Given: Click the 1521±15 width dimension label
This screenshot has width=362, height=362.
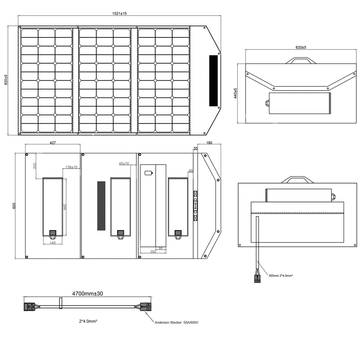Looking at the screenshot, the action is click(x=119, y=13).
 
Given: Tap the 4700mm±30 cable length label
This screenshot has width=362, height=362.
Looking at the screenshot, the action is click(x=88, y=294).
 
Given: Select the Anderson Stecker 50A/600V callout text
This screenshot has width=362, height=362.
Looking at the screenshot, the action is click(x=176, y=322).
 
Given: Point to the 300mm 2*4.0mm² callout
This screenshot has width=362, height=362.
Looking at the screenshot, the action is click(x=281, y=276).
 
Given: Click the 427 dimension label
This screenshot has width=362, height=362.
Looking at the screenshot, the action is click(x=53, y=143).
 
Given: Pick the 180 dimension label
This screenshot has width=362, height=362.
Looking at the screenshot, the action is click(x=209, y=143).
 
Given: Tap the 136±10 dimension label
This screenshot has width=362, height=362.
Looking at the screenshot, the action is click(x=71, y=167).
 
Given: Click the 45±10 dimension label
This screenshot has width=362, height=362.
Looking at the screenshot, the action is click(x=124, y=164).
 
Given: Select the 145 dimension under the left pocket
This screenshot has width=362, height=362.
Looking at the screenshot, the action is click(x=53, y=243).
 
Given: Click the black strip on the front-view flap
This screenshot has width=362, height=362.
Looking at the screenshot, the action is click(x=213, y=81).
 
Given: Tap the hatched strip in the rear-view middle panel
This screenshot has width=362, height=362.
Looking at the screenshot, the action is click(x=101, y=206).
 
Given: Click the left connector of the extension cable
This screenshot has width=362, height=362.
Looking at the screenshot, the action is click(x=29, y=307).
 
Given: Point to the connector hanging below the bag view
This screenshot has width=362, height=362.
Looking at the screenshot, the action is click(x=257, y=279).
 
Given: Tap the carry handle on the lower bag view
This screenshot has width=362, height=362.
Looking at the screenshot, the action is click(x=298, y=180).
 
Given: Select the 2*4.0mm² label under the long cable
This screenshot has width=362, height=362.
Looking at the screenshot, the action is click(x=88, y=321).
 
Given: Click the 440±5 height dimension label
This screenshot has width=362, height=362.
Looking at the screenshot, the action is click(x=235, y=93).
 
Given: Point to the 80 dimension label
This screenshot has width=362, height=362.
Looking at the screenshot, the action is click(x=161, y=249).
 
